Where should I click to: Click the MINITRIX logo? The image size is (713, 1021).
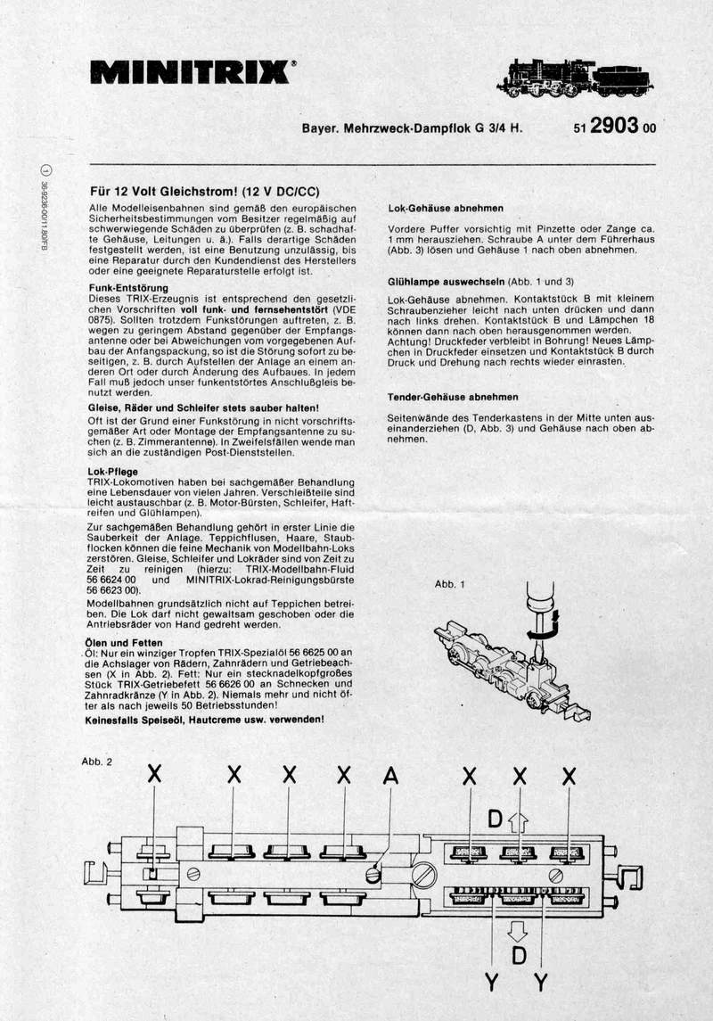193,71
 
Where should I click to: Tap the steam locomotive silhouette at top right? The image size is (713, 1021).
579,78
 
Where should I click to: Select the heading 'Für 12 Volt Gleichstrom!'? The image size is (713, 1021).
205,191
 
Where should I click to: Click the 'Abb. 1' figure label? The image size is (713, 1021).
450,584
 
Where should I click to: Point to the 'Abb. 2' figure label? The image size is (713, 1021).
97,762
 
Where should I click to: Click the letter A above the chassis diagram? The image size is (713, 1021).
390,777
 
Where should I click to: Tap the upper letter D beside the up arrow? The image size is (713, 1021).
496,817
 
